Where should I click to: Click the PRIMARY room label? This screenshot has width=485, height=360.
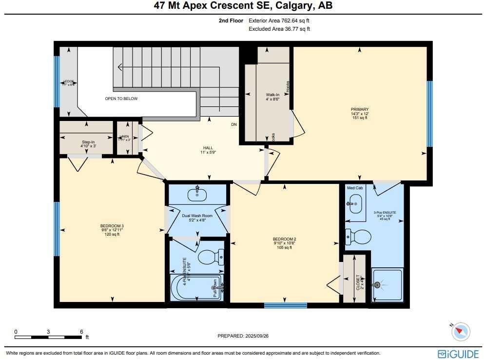click(x=359, y=110)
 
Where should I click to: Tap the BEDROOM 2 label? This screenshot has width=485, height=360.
click(x=285, y=239)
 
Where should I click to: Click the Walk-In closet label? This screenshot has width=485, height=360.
click(x=272, y=95)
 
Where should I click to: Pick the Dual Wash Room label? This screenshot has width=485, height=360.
click(x=197, y=216)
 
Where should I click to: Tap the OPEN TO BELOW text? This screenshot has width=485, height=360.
click(x=121, y=99)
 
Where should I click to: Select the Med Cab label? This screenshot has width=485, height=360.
click(x=354, y=188)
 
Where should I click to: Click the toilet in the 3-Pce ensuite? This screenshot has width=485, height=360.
click(x=358, y=237)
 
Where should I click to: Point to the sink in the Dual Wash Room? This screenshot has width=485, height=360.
click(x=197, y=194)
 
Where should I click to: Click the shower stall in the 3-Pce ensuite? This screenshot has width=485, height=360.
click(x=387, y=285)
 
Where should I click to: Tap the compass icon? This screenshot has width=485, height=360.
click(x=460, y=332)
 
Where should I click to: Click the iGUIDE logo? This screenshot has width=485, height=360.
click(x=454, y=354)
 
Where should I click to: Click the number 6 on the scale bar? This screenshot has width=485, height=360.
click(x=81, y=332)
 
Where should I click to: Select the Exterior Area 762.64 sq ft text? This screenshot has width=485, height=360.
click(x=279, y=21)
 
